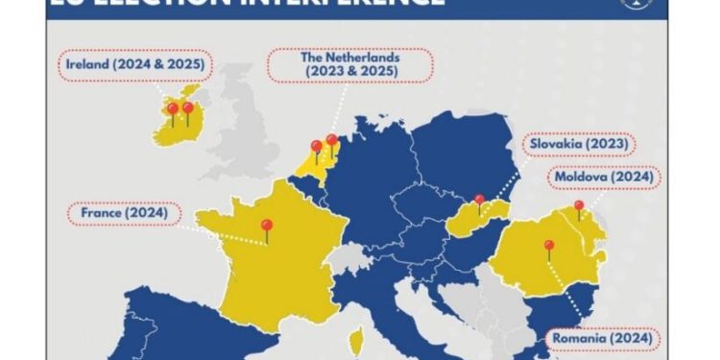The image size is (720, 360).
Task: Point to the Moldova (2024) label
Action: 604,177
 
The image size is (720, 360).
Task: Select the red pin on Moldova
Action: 579,208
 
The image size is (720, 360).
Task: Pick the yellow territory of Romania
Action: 538,274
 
